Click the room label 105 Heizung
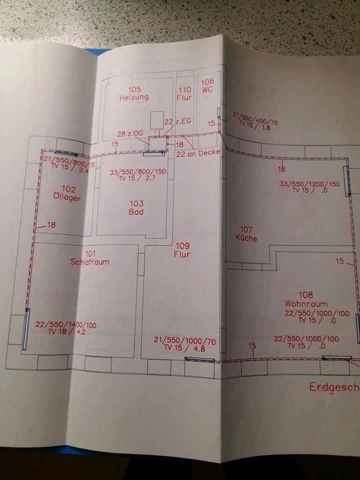click(x=134, y=93)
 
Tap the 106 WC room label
click(x=208, y=85)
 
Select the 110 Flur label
click(x=184, y=93)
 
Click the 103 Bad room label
click(x=136, y=207)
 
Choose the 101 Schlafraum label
click(x=90, y=257)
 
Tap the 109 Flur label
click(x=182, y=250)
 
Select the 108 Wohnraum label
click(x=306, y=299)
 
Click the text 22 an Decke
click(x=197, y=152)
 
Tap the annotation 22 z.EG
click(x=177, y=121)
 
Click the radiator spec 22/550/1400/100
click(x=66, y=324)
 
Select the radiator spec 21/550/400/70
click(x=255, y=121)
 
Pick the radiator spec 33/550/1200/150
click(x=309, y=183)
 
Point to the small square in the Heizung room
click(x=157, y=118)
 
